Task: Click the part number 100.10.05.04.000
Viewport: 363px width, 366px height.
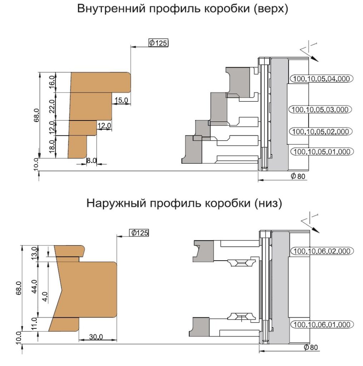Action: [x=322, y=79]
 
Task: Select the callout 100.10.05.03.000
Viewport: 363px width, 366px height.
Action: [x=320, y=109]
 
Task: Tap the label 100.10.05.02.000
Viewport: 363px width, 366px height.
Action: [x=320, y=132]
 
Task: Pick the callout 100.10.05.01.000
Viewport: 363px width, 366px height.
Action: [x=322, y=152]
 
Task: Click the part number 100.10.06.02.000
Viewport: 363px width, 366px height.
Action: [x=322, y=251]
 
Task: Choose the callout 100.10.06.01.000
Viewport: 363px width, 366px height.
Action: [x=322, y=325]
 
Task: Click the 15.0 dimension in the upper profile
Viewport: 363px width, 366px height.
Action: [x=121, y=100]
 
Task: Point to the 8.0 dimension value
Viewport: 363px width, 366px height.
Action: [x=91, y=160]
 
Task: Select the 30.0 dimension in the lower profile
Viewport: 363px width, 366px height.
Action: [x=96, y=337]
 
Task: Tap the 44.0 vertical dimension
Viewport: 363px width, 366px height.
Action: [x=34, y=286]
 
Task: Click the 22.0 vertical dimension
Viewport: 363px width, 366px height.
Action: [x=52, y=106]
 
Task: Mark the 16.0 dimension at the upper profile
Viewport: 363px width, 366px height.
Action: [x=52, y=82]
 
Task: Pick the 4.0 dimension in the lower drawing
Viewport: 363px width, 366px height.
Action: [x=45, y=297]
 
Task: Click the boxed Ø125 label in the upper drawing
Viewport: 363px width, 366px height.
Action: [x=158, y=43]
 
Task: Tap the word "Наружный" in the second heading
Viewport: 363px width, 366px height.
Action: [x=116, y=203]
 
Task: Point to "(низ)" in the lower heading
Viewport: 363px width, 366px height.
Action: [x=268, y=203]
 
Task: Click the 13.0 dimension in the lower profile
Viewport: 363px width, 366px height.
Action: [x=34, y=253]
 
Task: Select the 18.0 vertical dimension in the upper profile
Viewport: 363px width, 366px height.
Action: [x=52, y=146]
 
